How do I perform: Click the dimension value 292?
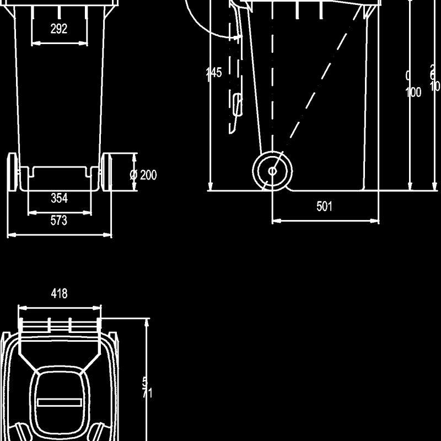pyautogui.click(x=59, y=29)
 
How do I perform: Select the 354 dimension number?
pyautogui.click(x=59, y=198)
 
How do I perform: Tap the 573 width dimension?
pyautogui.click(x=59, y=221)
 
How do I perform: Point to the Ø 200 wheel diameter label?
pyautogui.click(x=143, y=175)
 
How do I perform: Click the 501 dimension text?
pyautogui.click(x=325, y=207)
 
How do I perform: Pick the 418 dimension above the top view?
pyautogui.click(x=60, y=294)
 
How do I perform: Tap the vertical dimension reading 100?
pyautogui.click(x=413, y=92)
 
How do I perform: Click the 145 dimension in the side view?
pyautogui.click(x=214, y=73)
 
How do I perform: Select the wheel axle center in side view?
pyautogui.click(x=272, y=171)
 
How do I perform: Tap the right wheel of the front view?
pyautogui.click(x=107, y=173)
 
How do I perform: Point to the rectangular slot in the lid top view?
pyautogui.click(x=59, y=402)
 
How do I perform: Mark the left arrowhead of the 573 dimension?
pyautogui.click(x=9, y=235)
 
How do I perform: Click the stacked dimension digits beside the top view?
pyautogui.click(x=146, y=387)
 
